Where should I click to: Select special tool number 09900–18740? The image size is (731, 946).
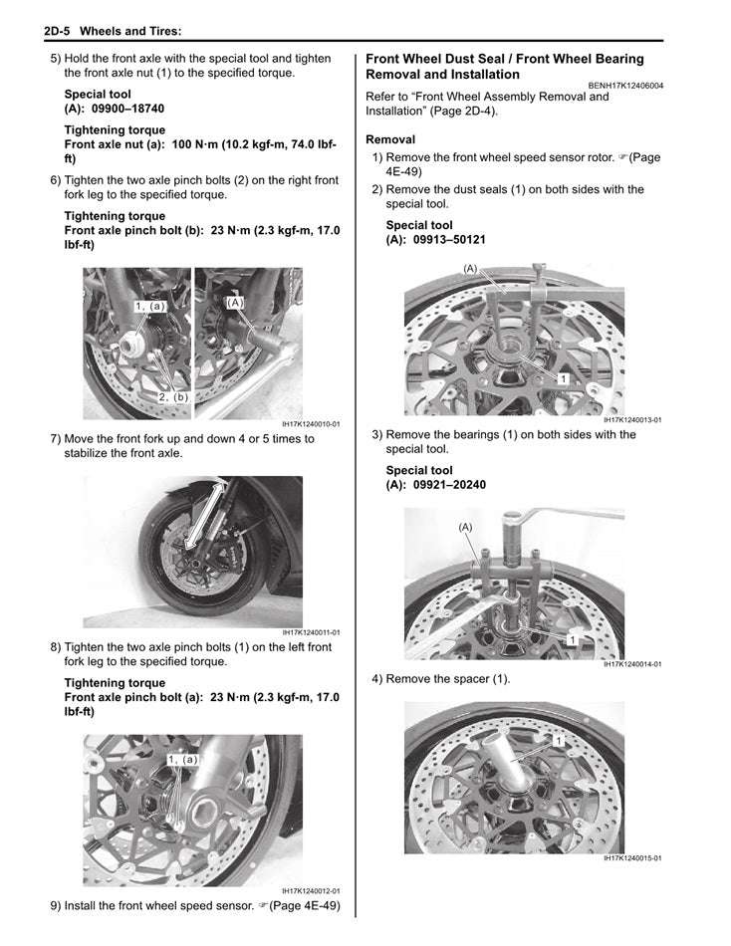[x=125, y=109]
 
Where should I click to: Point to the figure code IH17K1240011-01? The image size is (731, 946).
[x=310, y=632]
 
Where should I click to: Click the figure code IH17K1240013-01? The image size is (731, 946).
[x=631, y=420]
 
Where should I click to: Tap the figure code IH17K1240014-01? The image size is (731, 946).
[x=631, y=664]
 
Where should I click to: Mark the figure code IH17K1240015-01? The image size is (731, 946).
[x=631, y=858]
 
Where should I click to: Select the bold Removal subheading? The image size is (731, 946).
[x=390, y=139]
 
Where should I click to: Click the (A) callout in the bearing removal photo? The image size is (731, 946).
[x=465, y=527]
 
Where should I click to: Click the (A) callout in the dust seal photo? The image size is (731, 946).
[x=471, y=269]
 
